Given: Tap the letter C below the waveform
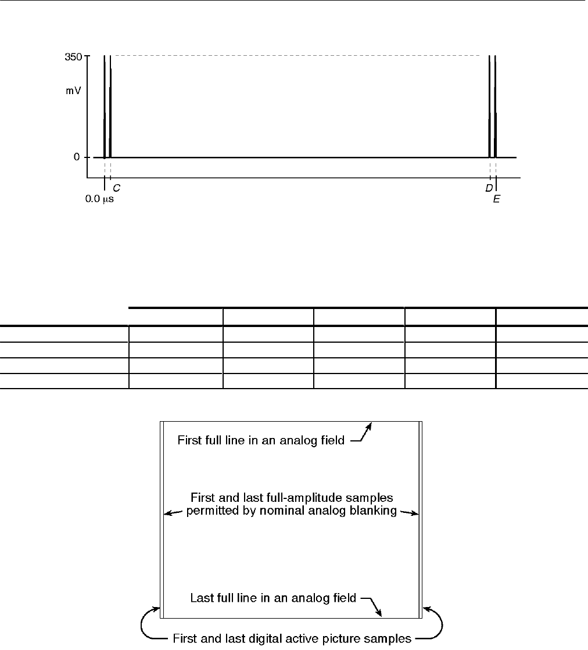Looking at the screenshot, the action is (116, 188).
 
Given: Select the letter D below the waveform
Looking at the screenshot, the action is (489, 188).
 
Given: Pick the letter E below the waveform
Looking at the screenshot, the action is (496, 199).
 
